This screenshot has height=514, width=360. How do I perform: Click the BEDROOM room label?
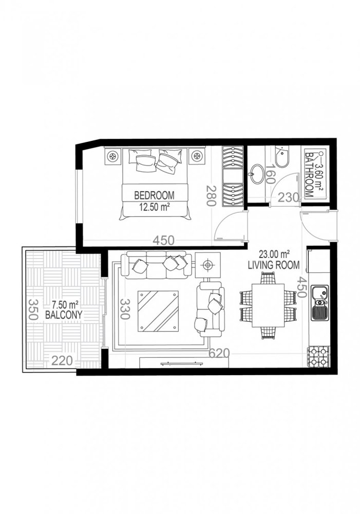coord(154,195)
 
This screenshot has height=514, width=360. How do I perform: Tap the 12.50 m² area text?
coord(155,208)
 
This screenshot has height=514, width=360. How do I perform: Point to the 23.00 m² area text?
coord(274,253)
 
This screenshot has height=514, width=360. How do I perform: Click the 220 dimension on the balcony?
coord(61,361)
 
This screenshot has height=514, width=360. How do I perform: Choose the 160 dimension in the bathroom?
coord(272,174)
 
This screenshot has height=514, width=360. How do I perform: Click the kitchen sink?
coord(320,303)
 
